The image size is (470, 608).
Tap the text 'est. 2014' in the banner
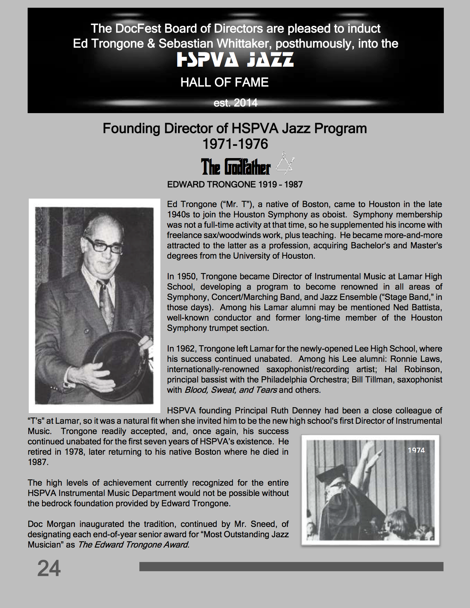click(235, 103)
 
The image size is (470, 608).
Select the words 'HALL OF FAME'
click(224, 82)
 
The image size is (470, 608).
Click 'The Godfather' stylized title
click(236, 167)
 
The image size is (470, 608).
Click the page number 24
click(49, 568)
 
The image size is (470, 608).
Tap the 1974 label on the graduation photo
click(416, 450)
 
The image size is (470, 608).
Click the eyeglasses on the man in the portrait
click(104, 246)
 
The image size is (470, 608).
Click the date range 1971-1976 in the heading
click(235, 144)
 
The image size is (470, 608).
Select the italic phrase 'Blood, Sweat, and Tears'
click(231, 390)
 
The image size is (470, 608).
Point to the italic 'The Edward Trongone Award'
click(133, 545)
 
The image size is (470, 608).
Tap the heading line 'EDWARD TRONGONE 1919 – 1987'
click(235, 185)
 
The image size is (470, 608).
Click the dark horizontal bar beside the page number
click(291, 566)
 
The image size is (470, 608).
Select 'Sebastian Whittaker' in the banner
click(215, 44)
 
